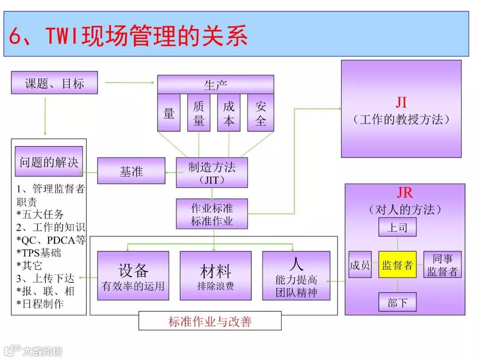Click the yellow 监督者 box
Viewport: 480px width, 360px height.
[397, 264]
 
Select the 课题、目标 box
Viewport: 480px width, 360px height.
[54, 83]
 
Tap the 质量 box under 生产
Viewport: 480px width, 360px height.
[199, 113]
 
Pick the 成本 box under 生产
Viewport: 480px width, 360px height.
[228, 113]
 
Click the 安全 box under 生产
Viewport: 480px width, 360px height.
[260, 113]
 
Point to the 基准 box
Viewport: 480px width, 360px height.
[131, 171]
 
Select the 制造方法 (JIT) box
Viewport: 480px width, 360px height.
[212, 172]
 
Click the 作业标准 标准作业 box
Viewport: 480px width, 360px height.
[212, 214]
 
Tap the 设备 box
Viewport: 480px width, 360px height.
[133, 276]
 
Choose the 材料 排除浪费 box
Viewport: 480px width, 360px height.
[215, 276]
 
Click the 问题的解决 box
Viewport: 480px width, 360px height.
[49, 161]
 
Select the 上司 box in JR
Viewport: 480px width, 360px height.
[397, 227]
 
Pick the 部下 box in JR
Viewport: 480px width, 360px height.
[397, 302]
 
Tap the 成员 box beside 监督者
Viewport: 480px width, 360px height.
[360, 264]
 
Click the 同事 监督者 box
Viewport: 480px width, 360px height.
[442, 264]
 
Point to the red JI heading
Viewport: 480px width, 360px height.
[401, 102]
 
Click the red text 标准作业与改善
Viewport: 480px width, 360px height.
[210, 321]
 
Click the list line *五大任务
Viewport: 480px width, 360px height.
[40, 215]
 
